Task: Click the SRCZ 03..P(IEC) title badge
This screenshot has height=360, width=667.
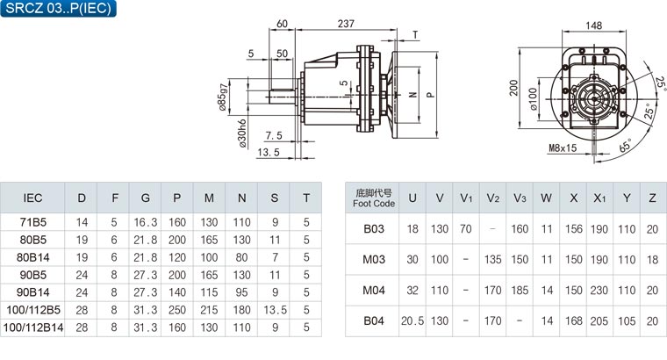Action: coord(58,8)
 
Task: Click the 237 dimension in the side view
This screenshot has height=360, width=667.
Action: coord(346,24)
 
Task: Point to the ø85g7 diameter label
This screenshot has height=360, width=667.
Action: coord(223,97)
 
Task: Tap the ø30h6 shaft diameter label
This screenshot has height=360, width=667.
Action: coord(241,133)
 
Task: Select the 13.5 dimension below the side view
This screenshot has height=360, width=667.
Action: coord(269,152)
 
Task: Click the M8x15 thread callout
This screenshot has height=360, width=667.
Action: coord(563,148)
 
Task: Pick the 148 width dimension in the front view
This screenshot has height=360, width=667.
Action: coord(593,25)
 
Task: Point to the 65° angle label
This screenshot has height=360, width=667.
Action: coord(626,145)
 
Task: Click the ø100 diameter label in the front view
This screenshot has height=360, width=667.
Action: coord(534,99)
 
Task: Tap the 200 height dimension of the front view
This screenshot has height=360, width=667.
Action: coord(514,88)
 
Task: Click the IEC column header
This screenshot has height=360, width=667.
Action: coord(32,198)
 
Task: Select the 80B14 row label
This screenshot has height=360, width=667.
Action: coord(32,257)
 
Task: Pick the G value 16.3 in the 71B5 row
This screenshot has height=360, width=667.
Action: coord(146,222)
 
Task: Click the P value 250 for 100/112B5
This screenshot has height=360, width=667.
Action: coord(177,310)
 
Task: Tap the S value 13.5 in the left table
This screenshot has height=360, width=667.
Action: coord(275,310)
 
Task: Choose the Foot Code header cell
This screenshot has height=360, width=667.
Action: coord(374,198)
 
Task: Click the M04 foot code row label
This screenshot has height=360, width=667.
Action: coord(374,291)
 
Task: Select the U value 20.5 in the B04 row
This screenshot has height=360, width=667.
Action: coord(412,320)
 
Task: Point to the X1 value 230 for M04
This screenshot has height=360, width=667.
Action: coord(599,291)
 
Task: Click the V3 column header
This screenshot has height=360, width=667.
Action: coord(520,198)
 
